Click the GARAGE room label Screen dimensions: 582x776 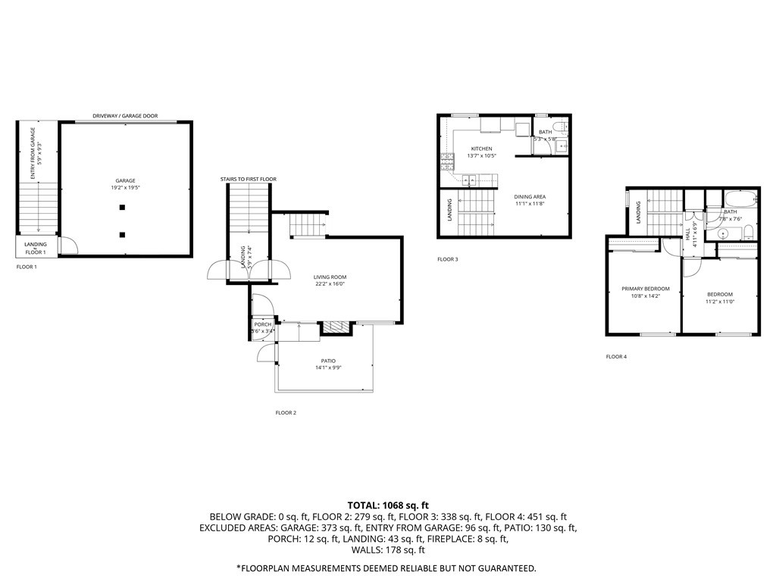125,181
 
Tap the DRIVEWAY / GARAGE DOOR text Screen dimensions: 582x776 125,116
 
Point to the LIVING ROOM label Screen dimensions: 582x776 330,277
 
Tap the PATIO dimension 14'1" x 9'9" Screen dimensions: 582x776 327,368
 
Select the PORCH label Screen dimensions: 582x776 262,324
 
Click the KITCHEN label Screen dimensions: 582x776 481,149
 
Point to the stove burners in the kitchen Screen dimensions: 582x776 447,161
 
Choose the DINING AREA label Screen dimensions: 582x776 530,196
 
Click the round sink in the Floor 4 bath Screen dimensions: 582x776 723,234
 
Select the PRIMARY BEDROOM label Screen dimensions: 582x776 646,289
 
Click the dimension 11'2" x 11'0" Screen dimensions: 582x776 719,302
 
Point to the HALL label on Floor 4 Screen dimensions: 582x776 688,235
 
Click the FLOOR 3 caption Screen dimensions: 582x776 448,259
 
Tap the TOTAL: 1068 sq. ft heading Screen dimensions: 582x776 388,505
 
